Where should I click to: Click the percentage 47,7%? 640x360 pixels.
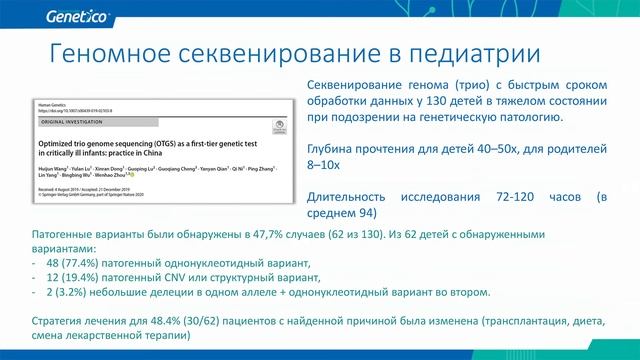(258, 233)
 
